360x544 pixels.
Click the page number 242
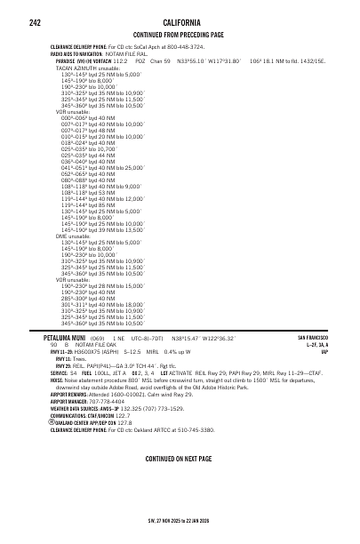pyautogui.click(x=36, y=21)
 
